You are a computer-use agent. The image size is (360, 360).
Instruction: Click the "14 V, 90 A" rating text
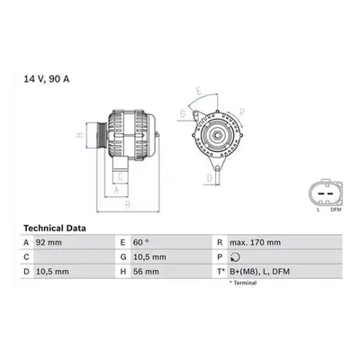(47, 79)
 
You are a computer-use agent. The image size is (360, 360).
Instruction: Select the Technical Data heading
(55, 229)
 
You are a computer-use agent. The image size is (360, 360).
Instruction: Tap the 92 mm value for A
(49, 242)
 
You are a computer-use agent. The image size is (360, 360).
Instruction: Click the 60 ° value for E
(141, 242)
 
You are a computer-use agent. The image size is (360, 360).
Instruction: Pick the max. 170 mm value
(256, 242)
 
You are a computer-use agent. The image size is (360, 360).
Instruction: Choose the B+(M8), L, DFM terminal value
(260, 272)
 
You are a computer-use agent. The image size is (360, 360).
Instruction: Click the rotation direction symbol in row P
(236, 257)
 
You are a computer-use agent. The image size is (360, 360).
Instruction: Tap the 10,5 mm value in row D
(52, 272)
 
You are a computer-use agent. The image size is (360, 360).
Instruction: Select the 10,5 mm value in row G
(149, 257)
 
